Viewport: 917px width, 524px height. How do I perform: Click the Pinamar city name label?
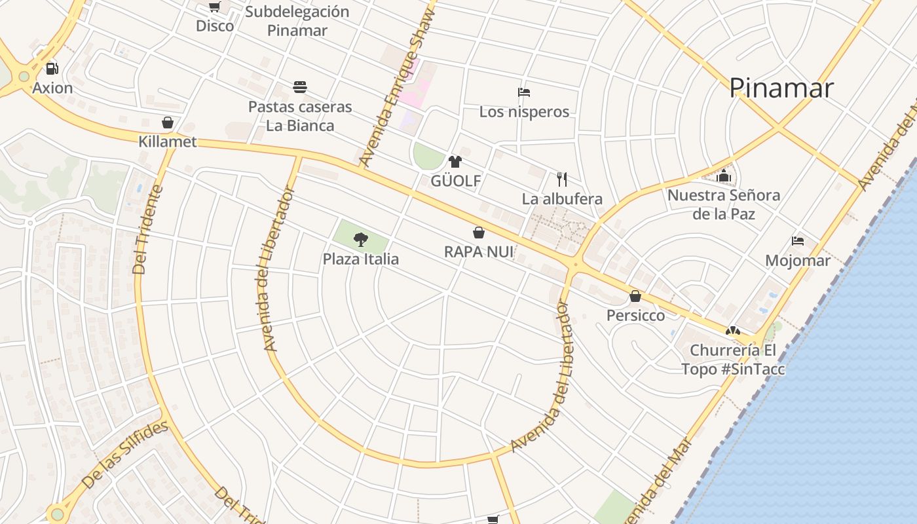[x=781, y=88]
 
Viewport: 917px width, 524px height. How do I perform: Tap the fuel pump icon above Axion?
[x=52, y=69]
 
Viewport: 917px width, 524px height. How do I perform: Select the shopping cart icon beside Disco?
[x=214, y=7]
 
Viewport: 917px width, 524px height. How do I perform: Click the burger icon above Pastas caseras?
[x=300, y=87]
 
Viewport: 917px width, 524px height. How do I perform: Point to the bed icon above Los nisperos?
[x=523, y=92]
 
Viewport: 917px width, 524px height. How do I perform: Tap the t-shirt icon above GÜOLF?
[x=455, y=162]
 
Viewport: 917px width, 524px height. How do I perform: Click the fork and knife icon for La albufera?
[x=561, y=179]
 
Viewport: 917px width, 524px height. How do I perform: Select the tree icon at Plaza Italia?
[x=360, y=239]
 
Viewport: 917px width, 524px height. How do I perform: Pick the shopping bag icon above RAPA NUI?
[x=479, y=233]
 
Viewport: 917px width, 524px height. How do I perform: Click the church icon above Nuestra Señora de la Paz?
[x=724, y=176]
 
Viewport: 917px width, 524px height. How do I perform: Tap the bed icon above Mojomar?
[x=798, y=241]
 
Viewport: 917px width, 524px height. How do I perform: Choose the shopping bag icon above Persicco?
[x=635, y=296]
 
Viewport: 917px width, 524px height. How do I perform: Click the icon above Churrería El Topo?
[x=733, y=331]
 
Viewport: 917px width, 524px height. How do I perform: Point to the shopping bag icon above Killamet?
[x=168, y=122]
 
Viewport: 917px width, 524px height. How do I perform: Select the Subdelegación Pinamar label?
[x=297, y=21]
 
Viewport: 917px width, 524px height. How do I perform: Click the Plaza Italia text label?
[x=360, y=259]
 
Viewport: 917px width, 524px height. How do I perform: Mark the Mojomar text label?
[x=798, y=261]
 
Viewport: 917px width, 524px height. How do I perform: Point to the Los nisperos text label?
[x=524, y=112]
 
